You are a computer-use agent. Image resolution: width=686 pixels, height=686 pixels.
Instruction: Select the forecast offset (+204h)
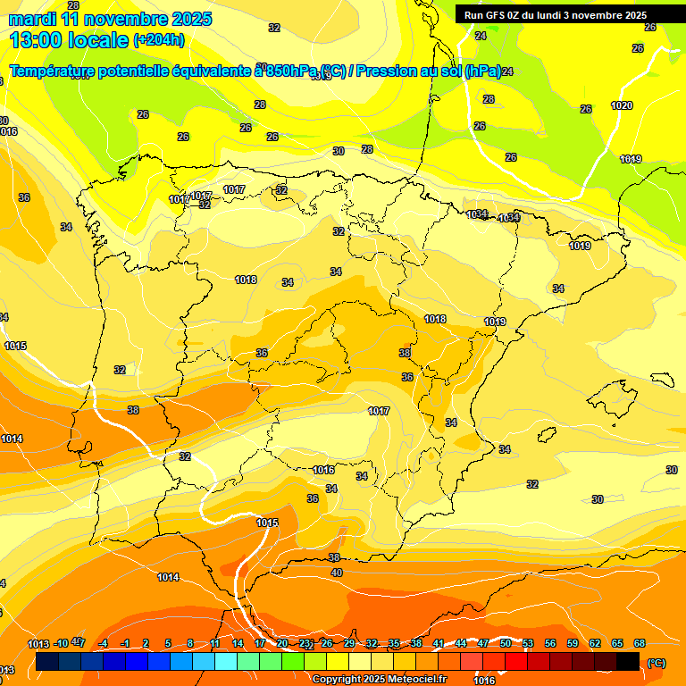click(x=159, y=40)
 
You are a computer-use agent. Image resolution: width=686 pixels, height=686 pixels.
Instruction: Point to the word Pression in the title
click(x=386, y=71)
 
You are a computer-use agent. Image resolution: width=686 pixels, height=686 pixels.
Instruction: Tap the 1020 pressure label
click(x=622, y=105)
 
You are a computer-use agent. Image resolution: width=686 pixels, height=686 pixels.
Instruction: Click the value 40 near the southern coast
click(x=336, y=573)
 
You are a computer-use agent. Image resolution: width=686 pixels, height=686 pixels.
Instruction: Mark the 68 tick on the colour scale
click(x=640, y=643)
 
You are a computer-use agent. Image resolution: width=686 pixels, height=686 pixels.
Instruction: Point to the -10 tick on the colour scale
click(x=61, y=643)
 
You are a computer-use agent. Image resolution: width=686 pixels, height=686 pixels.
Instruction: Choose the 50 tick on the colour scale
click(x=506, y=643)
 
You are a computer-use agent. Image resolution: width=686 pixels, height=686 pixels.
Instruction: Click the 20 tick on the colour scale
click(x=282, y=643)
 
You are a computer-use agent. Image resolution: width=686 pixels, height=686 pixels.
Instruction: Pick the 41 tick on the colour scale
click(x=439, y=643)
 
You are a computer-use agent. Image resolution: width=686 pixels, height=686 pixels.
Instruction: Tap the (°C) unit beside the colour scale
click(x=657, y=663)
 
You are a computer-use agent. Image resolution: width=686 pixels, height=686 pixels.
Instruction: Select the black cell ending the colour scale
click(x=628, y=662)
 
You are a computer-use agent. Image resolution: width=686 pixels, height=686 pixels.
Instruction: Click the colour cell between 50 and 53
click(x=516, y=662)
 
